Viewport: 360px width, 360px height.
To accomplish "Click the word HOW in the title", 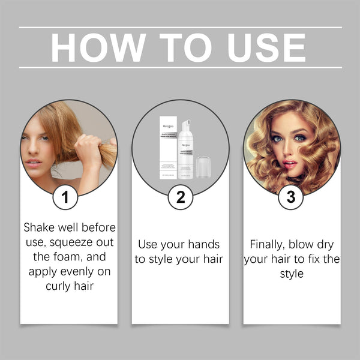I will tap(98, 47).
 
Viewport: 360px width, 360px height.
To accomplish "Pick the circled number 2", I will tap(180, 197).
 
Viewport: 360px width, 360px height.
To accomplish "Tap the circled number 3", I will tap(291, 197).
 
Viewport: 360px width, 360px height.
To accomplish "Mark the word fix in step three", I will tap(308, 259).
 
